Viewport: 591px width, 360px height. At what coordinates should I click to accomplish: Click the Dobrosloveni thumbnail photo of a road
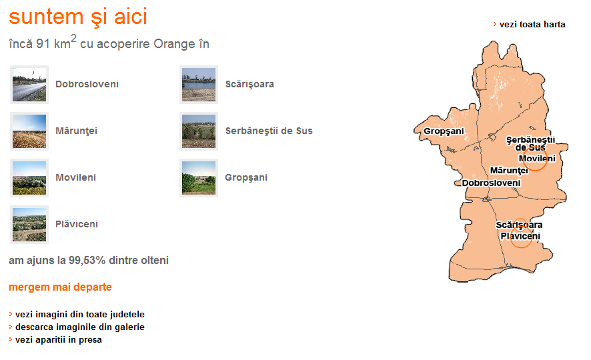[29, 85]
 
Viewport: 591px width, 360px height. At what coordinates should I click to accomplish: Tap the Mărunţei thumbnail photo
[29, 131]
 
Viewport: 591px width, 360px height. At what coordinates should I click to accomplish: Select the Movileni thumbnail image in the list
[29, 178]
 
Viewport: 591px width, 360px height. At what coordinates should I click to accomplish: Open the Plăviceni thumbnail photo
[29, 225]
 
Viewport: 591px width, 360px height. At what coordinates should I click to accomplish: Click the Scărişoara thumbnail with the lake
[199, 85]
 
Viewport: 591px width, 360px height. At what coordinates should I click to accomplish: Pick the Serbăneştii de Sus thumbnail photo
[199, 131]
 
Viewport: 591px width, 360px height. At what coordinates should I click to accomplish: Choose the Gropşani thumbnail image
[199, 178]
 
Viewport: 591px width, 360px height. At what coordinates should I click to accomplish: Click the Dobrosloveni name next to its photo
[87, 84]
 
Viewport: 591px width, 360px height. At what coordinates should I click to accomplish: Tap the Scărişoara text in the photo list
[249, 85]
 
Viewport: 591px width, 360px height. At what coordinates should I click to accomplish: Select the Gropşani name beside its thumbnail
[246, 178]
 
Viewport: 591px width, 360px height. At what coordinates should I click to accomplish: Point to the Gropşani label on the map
[444, 131]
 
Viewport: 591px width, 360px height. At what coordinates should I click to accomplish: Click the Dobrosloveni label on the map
[491, 183]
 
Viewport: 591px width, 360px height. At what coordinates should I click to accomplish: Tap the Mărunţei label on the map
[509, 171]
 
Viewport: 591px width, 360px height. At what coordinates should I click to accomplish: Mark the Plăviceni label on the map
[520, 236]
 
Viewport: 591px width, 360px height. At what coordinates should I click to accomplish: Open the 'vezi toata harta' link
[532, 25]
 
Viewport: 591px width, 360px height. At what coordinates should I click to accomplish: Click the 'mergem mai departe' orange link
[60, 287]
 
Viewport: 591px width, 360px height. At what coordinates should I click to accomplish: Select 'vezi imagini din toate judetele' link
[79, 315]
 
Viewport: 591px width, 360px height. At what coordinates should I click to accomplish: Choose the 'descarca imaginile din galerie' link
[79, 327]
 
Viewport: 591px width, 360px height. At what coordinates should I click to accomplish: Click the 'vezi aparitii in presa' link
[59, 339]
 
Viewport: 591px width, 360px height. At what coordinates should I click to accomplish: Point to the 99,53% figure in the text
[87, 261]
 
